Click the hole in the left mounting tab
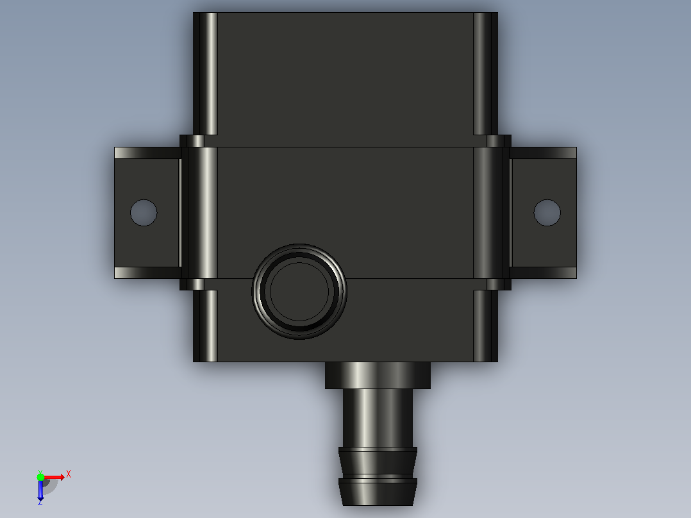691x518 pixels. (x=144, y=212)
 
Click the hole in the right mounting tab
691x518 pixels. (x=547, y=212)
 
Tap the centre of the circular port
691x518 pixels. (x=299, y=292)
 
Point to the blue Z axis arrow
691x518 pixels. (x=40, y=489)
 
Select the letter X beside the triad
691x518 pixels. (x=69, y=474)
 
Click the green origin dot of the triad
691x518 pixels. (x=40, y=477)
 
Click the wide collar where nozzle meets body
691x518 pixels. (x=378, y=376)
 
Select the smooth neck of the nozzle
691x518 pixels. (x=378, y=418)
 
